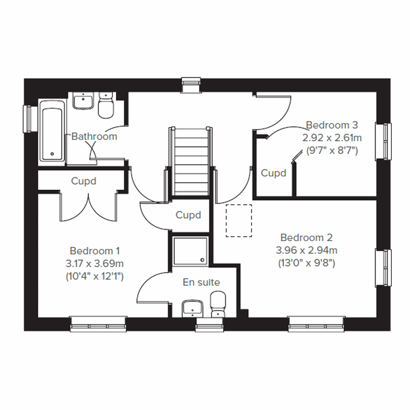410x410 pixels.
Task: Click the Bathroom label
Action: tap(94, 136)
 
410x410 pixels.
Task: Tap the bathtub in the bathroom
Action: tap(52, 130)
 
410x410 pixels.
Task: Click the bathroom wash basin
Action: tap(83, 101)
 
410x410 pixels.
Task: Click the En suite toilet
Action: tap(217, 303)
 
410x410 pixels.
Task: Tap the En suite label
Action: tap(201, 282)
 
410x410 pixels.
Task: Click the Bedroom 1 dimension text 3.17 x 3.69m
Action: tap(95, 263)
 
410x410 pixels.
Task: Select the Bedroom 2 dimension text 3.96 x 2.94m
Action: tap(306, 250)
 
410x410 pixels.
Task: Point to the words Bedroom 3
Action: tap(332, 125)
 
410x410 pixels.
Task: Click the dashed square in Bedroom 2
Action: tap(239, 221)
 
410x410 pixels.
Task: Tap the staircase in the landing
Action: tap(191, 161)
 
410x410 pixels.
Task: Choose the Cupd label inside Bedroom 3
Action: tap(273, 173)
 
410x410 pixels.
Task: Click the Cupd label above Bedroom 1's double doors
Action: tap(84, 181)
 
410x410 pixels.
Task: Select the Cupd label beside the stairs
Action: tap(188, 215)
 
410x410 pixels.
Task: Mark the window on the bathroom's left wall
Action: tap(29, 119)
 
